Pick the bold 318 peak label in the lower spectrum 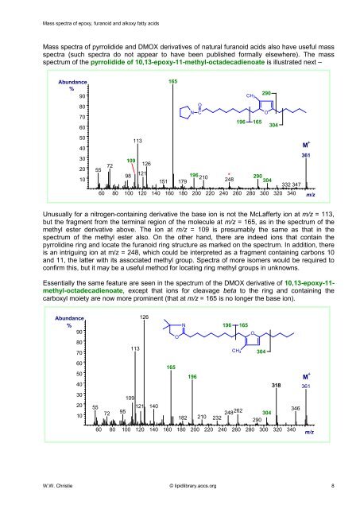click(276, 385)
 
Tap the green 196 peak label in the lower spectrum click(192, 376)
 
